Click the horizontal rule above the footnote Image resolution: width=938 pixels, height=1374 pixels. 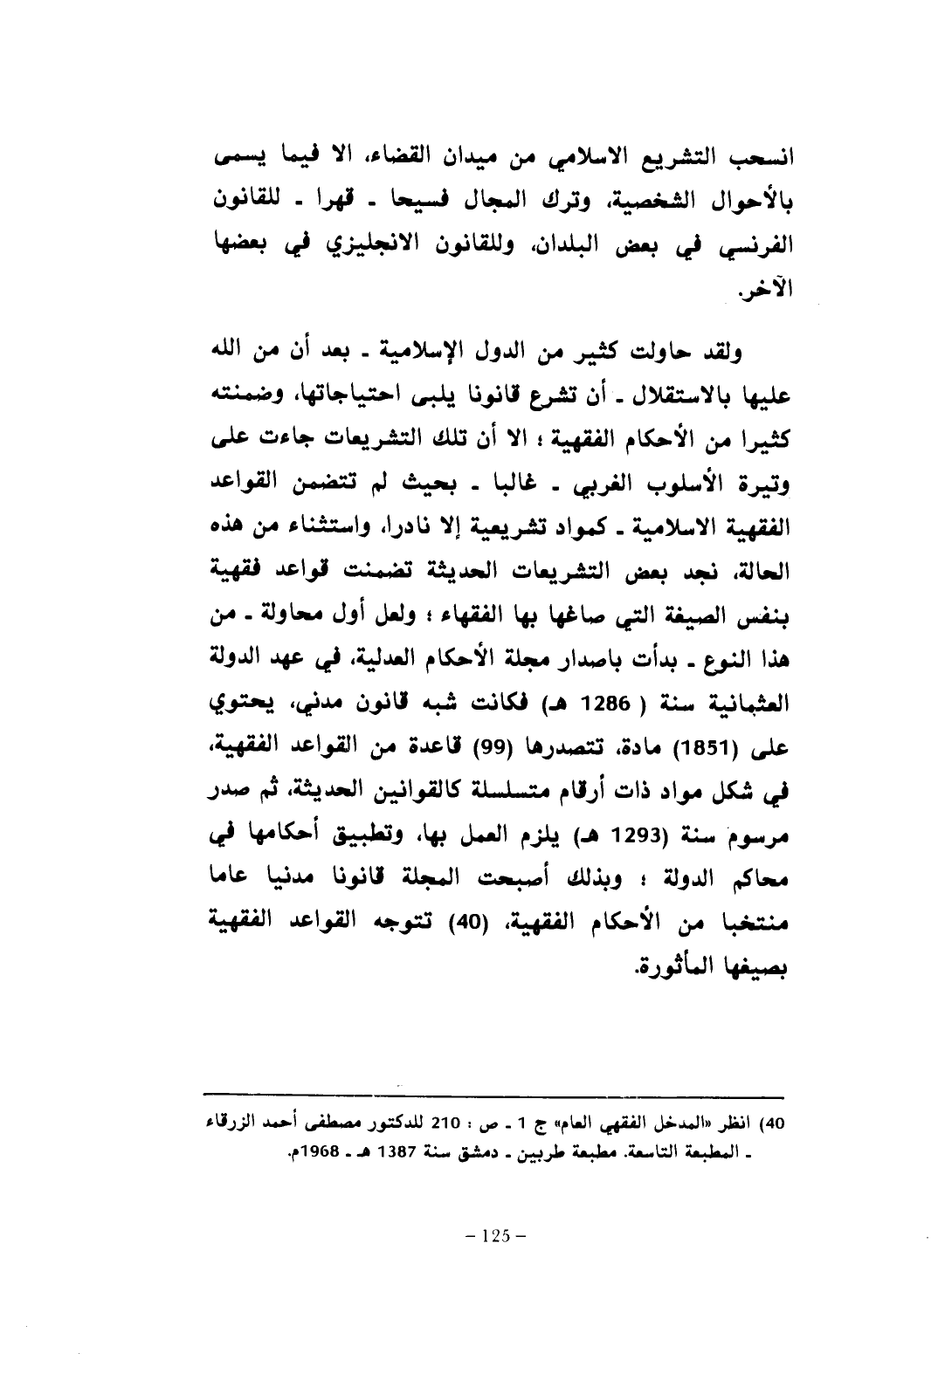pyautogui.click(x=493, y=1095)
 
